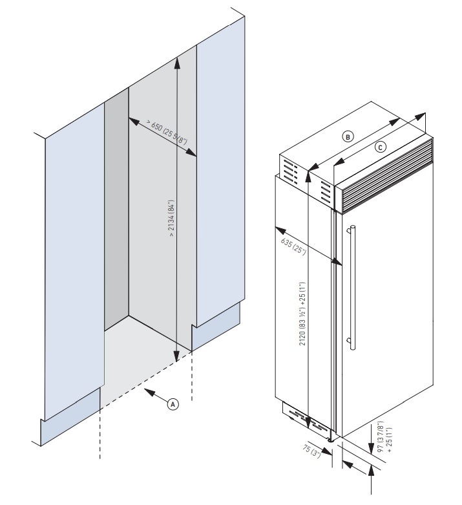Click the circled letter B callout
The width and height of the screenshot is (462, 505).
348,137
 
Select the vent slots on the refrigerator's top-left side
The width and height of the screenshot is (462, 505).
291,175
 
